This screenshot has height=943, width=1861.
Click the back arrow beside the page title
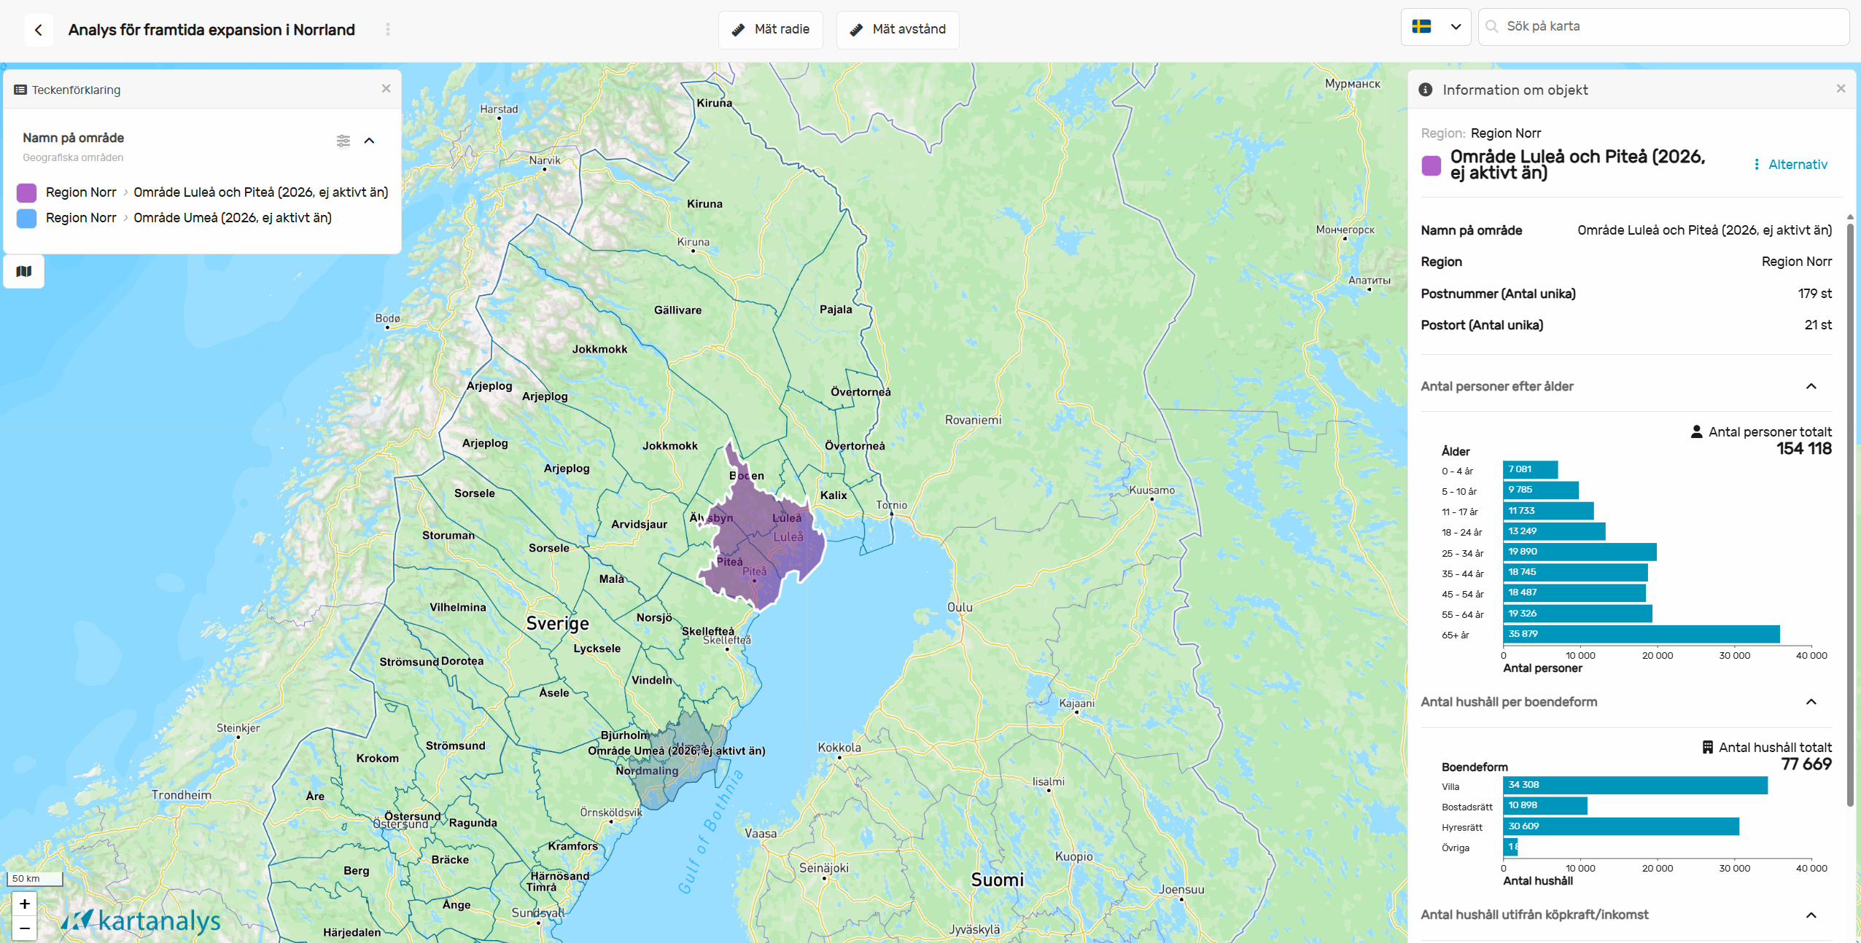[39, 30]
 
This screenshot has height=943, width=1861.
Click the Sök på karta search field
[1670, 27]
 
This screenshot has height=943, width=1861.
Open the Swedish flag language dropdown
[1435, 27]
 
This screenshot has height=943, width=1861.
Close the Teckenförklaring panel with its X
[386, 88]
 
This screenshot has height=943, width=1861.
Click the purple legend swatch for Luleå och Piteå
[27, 192]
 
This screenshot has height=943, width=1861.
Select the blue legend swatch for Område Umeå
[27, 218]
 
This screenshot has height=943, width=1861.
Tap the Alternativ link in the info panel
[1797, 165]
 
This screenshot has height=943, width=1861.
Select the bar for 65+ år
[1641, 634]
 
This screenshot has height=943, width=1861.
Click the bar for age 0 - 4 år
[1530, 469]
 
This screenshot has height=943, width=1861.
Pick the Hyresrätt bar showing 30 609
[1620, 826]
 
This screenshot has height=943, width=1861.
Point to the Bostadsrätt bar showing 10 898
[1545, 805]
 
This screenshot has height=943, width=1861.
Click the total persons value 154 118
[1803, 449]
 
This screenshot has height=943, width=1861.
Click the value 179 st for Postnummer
[1814, 294]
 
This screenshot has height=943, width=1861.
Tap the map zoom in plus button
[25, 904]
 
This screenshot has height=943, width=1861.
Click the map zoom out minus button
[25, 928]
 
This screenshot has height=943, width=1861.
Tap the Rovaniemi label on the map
[973, 420]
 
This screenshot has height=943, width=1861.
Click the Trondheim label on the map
[181, 794]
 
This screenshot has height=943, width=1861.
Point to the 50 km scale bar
[34, 879]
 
